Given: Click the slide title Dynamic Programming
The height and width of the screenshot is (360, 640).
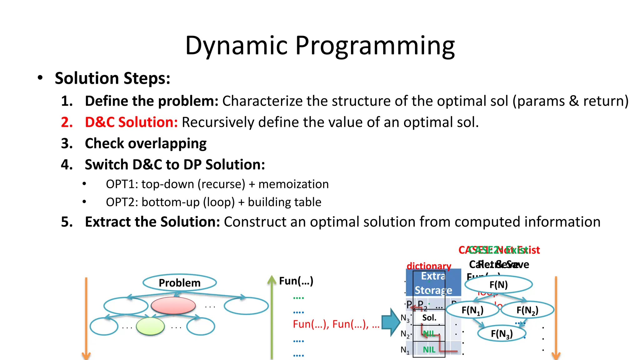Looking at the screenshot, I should pyautogui.click(x=320, y=46).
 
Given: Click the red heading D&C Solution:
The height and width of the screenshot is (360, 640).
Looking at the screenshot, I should pyautogui.click(x=131, y=122).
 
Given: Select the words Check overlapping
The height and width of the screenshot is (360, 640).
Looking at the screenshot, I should pyautogui.click(x=146, y=143).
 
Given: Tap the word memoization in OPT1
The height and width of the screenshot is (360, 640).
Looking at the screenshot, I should pyautogui.click(x=293, y=184).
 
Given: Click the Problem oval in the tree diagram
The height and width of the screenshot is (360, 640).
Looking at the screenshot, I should pyautogui.click(x=179, y=283).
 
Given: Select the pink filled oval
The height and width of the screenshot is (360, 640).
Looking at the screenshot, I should pyautogui.click(x=173, y=305).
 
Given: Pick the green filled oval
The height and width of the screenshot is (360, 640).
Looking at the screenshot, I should pyautogui.click(x=150, y=326).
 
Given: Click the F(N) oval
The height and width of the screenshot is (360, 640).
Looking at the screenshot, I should pyautogui.click(x=498, y=285).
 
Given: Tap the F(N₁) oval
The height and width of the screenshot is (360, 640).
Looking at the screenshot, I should pyautogui.click(x=472, y=310).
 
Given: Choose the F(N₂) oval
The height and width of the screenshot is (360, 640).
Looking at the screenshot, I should pyautogui.click(x=527, y=310).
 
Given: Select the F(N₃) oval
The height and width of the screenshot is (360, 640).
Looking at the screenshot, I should pyautogui.click(x=502, y=334).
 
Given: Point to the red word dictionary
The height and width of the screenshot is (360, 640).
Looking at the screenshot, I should pyautogui.click(x=429, y=266).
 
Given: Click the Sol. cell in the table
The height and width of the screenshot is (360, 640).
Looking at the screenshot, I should pyautogui.click(x=429, y=318).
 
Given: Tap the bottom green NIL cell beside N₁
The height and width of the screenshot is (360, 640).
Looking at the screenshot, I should pyautogui.click(x=429, y=350).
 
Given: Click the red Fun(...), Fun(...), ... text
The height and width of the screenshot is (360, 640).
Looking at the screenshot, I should pyautogui.click(x=336, y=324).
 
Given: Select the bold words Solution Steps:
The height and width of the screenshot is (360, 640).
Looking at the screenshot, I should pyautogui.click(x=112, y=78).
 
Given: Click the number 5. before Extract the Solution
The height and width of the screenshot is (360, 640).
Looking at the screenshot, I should pyautogui.click(x=67, y=222).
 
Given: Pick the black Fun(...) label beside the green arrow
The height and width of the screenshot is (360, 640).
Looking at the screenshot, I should pyautogui.click(x=296, y=281).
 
